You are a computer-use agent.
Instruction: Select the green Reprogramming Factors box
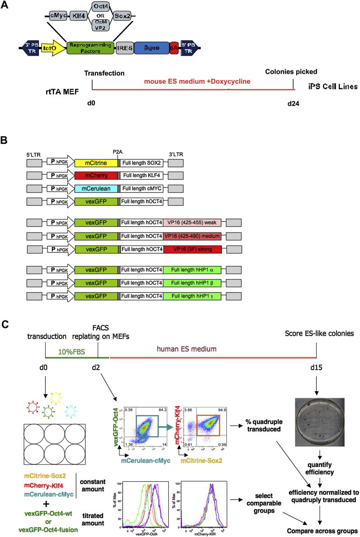pyautogui.click(x=90, y=47)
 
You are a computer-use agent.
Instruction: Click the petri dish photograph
pyautogui.click(x=317, y=422)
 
